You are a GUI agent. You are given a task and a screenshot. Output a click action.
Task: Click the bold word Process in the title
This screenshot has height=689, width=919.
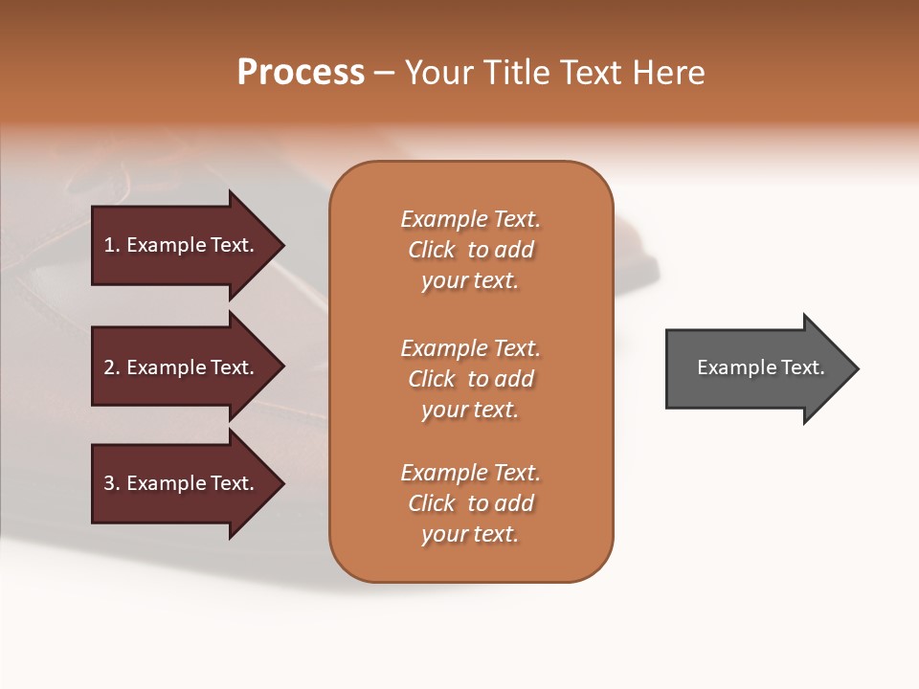pyautogui.click(x=301, y=73)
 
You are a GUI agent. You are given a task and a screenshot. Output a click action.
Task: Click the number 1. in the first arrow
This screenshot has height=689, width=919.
pyautogui.click(x=111, y=245)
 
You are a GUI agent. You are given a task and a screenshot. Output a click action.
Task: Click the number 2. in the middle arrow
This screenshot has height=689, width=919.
pyautogui.click(x=111, y=367)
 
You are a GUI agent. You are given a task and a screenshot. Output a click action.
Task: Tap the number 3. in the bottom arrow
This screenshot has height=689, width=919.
pyautogui.click(x=111, y=483)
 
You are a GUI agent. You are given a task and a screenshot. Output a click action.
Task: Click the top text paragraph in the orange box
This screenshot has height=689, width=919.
pyautogui.click(x=470, y=250)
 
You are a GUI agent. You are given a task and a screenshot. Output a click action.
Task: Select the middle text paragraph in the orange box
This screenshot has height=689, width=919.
pyautogui.click(x=470, y=379)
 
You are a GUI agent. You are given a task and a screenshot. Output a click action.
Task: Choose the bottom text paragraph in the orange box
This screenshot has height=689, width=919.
pyautogui.click(x=470, y=503)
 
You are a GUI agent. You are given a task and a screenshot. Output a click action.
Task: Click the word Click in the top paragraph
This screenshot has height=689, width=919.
pyautogui.click(x=432, y=250)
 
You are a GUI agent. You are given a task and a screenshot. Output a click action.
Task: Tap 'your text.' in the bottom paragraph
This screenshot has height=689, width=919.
pyautogui.click(x=470, y=534)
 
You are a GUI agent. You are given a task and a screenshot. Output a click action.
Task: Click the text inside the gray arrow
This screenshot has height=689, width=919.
pyautogui.click(x=760, y=367)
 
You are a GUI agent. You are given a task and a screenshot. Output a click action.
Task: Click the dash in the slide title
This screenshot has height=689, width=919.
pyautogui.click(x=383, y=74)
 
